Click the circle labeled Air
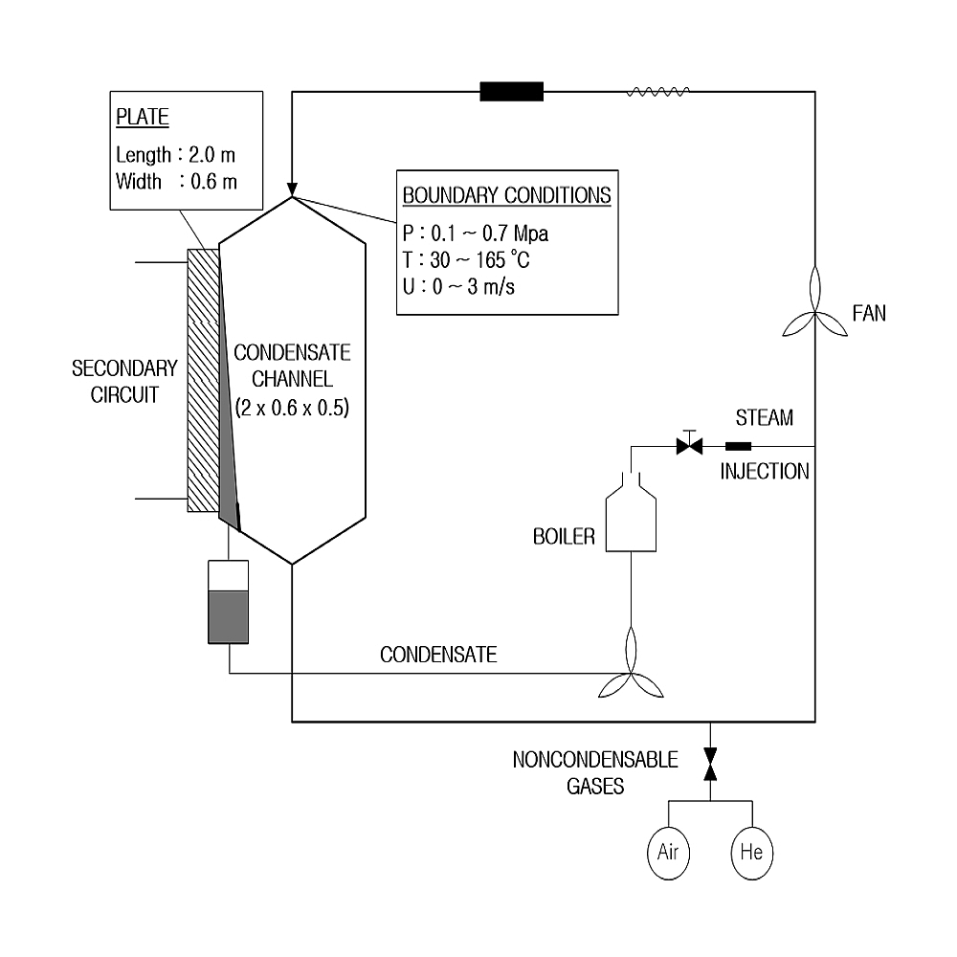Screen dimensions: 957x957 (x=668, y=851)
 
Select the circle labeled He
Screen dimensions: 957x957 (x=751, y=851)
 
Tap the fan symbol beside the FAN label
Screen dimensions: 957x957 (x=814, y=304)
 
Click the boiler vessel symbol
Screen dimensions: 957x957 (x=632, y=516)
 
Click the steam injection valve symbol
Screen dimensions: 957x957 (x=688, y=445)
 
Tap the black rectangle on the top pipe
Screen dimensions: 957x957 (x=511, y=92)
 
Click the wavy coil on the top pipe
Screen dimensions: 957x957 (x=657, y=92)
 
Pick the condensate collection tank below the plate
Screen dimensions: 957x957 (x=228, y=602)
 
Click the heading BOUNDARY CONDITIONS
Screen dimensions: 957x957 (x=506, y=195)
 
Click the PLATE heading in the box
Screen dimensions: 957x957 (x=142, y=119)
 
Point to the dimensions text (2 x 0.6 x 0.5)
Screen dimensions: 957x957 (x=292, y=407)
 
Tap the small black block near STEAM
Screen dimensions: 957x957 (x=738, y=445)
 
